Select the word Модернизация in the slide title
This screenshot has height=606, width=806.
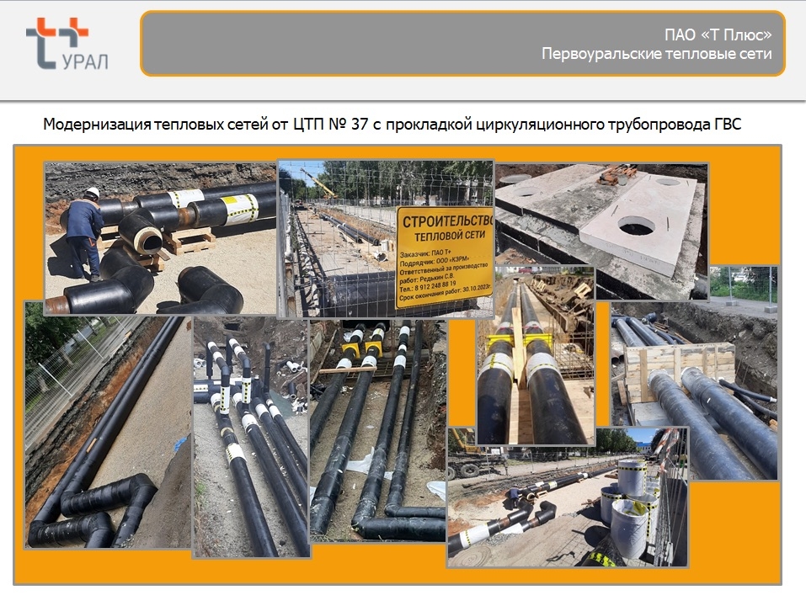(x=96, y=125)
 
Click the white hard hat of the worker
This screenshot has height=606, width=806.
(x=93, y=193)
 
